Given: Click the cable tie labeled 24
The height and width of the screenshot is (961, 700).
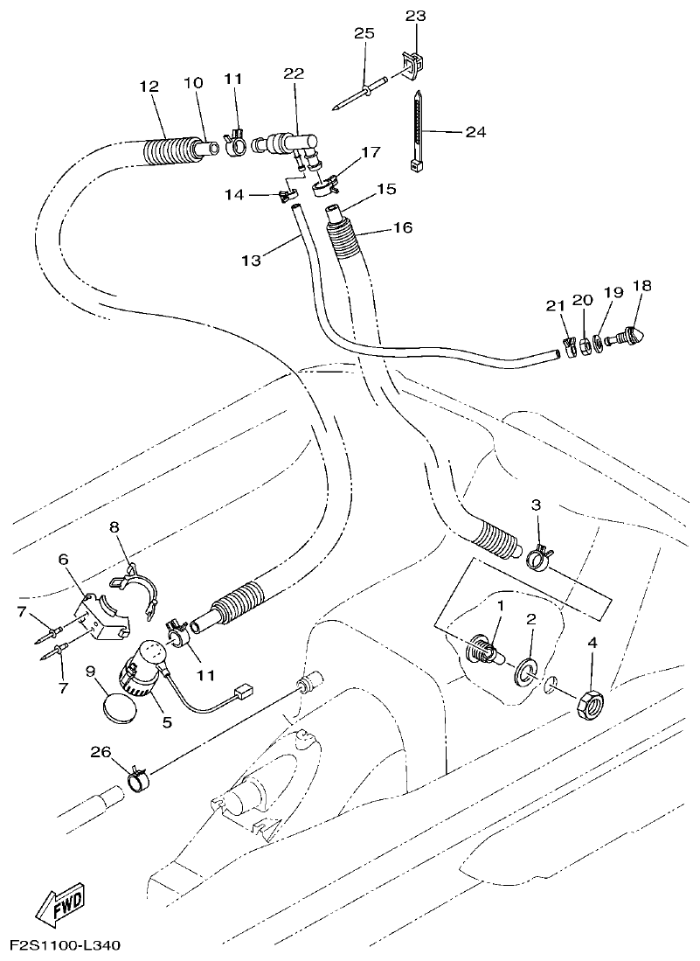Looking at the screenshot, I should click(419, 131).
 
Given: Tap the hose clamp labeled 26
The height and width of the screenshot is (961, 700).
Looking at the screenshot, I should click(137, 774).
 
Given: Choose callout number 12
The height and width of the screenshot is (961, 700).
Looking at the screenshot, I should click(149, 86).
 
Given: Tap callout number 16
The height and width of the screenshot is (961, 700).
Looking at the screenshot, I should click(404, 228).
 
